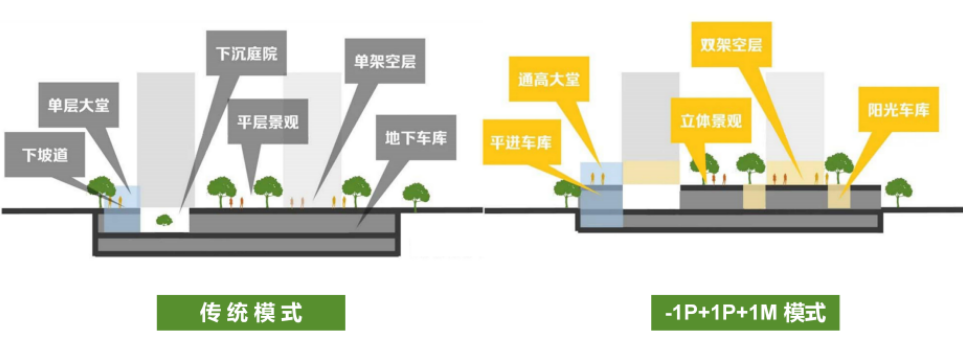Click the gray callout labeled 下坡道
coord(45,155)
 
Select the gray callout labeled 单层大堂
coord(78,106)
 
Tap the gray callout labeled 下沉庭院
coord(246,54)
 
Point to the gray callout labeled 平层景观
coord(268,122)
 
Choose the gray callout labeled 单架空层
coord(386,61)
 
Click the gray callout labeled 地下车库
coord(416,138)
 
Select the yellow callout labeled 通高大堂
coord(549,79)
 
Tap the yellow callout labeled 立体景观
coord(711,120)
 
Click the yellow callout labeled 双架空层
coord(731,45)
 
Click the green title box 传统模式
coord(251,313)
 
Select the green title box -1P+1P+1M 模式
coord(745,313)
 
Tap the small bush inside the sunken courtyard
coord(163,219)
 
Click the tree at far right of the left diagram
coord(416,196)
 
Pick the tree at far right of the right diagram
coord(898,192)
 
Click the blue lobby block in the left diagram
coord(122,209)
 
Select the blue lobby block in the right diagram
coord(601,194)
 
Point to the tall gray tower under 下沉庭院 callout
coord(166,141)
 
